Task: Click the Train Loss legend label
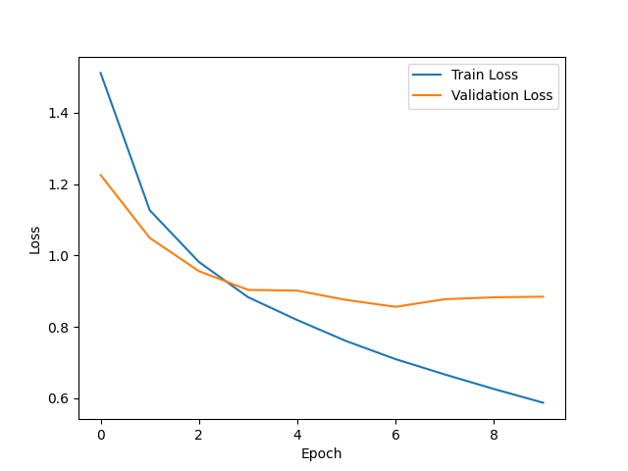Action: pyautogui.click(x=484, y=76)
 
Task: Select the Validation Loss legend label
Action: pyautogui.click(x=501, y=96)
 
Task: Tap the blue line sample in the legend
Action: pyautogui.click(x=428, y=76)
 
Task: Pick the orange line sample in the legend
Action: pyautogui.click(x=428, y=96)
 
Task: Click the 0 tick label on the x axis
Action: pyautogui.click(x=101, y=434)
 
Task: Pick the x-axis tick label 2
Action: pyautogui.click(x=199, y=434)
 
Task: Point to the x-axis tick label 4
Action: pyautogui.click(x=297, y=434)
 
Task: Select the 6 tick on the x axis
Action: pyautogui.click(x=395, y=434)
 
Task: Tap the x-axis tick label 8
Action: pyautogui.click(x=494, y=434)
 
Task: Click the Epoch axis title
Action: pyautogui.click(x=322, y=453)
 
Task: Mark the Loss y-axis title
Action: pyautogui.click(x=35, y=239)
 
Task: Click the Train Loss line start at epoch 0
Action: pyautogui.click(x=101, y=73)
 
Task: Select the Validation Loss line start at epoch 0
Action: pyautogui.click(x=101, y=175)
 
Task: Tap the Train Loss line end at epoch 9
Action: pyautogui.click(x=543, y=402)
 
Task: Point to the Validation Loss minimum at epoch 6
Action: pyautogui.click(x=395, y=306)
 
